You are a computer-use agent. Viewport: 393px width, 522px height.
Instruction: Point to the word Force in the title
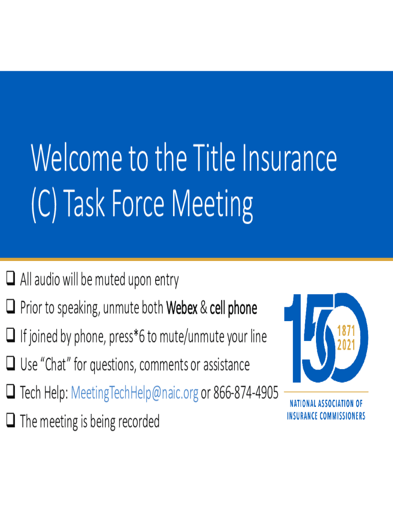(138, 203)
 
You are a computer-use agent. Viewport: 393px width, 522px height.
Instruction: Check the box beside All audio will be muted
(11, 278)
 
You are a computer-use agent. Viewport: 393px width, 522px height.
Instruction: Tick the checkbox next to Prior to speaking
(11, 306)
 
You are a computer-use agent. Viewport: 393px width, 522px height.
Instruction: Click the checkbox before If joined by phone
(11, 335)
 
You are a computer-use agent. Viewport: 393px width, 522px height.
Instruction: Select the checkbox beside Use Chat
(11, 363)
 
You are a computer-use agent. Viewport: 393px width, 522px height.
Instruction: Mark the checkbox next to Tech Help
(11, 392)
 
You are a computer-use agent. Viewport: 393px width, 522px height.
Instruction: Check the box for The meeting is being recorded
(11, 421)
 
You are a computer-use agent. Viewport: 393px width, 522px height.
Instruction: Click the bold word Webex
(182, 308)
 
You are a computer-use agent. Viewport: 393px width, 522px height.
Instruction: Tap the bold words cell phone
(233, 308)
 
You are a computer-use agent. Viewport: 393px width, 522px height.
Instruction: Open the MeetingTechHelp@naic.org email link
(135, 393)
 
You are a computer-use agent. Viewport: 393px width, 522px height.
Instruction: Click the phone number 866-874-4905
(245, 393)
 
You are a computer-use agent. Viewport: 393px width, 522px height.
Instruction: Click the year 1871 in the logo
(346, 331)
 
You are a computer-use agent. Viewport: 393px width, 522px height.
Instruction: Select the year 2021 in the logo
(346, 345)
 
